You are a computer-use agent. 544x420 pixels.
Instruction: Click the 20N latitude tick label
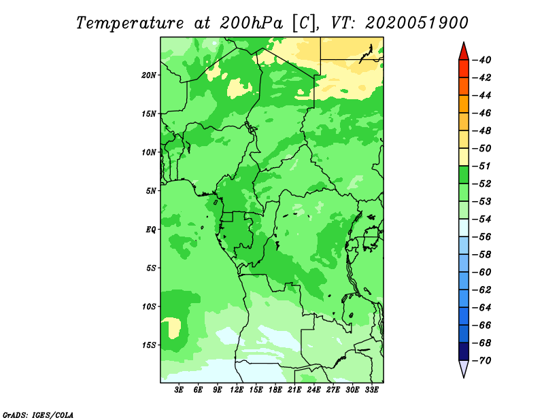click(149, 75)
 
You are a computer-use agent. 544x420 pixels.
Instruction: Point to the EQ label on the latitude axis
click(151, 229)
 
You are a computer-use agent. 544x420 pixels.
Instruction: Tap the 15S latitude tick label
click(149, 345)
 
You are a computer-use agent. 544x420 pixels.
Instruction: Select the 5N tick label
click(151, 190)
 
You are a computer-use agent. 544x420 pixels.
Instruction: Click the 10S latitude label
click(149, 307)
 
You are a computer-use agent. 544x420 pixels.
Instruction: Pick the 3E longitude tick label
click(180, 390)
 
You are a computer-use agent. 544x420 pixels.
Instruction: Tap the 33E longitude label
click(372, 390)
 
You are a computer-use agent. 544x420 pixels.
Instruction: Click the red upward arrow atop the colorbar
click(463, 51)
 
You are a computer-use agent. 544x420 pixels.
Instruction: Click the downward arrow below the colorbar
click(463, 369)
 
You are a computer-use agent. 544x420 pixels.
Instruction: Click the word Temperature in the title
click(129, 22)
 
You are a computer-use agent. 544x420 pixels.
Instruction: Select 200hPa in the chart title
click(249, 22)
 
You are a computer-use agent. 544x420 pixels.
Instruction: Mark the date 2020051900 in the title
click(416, 22)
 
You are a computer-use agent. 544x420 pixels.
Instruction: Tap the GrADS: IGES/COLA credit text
click(38, 414)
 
